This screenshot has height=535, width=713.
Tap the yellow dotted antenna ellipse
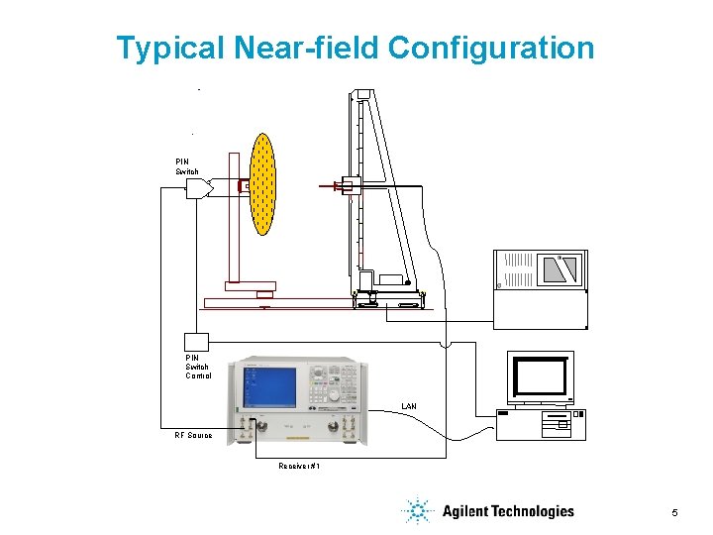[262, 184]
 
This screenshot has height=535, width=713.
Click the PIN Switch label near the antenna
[187, 166]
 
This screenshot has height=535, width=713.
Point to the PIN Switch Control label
[198, 367]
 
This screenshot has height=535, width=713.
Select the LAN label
[409, 406]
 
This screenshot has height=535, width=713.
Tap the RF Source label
[193, 435]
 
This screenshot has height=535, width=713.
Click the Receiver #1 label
[299, 465]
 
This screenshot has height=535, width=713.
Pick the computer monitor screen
[540, 376]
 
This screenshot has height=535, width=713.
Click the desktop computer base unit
[542, 424]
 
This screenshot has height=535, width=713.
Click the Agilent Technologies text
[508, 511]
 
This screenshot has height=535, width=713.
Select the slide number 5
[674, 512]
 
